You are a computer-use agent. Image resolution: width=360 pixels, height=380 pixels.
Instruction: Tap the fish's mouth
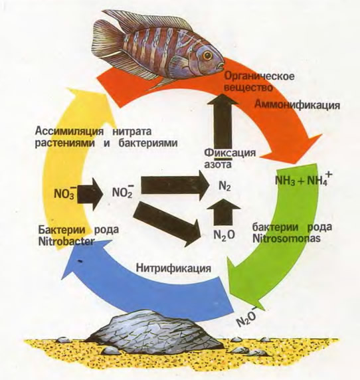click(221, 66)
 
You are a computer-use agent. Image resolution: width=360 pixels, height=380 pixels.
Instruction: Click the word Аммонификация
click(298, 105)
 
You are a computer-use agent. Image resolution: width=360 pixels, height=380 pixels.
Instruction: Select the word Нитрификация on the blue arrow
click(173, 268)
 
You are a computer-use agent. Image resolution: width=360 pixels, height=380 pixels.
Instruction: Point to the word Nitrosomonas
click(286, 238)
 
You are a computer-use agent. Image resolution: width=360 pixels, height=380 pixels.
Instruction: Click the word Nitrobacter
click(66, 241)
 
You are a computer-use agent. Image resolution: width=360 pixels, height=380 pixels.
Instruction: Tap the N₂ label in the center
click(225, 187)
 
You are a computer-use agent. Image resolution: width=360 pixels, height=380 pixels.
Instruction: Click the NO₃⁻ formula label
click(66, 193)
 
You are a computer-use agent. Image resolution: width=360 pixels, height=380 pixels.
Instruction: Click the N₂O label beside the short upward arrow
click(224, 235)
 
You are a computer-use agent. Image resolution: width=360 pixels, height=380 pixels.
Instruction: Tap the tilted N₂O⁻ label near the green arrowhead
click(247, 317)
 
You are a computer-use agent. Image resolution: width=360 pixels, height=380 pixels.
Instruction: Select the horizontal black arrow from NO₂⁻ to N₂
click(175, 185)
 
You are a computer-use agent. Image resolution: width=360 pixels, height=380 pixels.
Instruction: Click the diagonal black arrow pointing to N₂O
click(168, 224)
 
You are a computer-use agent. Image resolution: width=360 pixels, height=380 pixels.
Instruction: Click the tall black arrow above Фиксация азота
click(223, 120)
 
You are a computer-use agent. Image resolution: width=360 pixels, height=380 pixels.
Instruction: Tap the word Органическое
click(260, 76)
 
